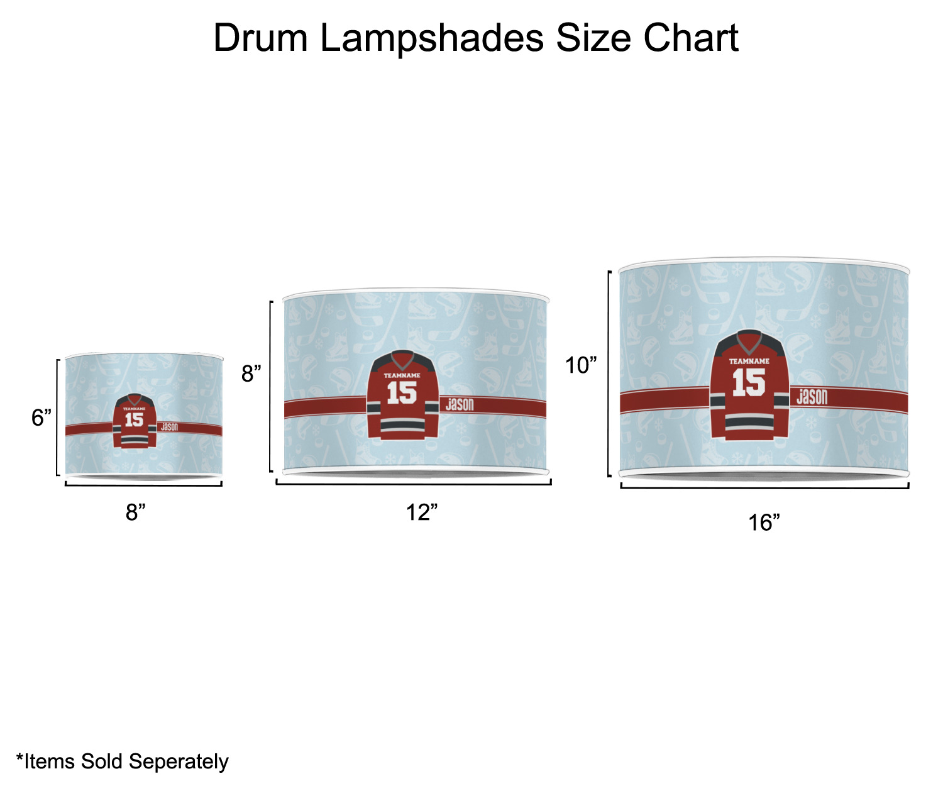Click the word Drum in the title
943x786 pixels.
click(x=261, y=38)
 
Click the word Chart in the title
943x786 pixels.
click(x=690, y=38)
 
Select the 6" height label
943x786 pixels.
click(x=41, y=417)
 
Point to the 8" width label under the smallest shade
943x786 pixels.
click(x=136, y=512)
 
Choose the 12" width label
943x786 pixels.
click(x=422, y=512)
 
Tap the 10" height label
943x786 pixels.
click(x=581, y=365)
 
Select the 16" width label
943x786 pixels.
click(x=764, y=522)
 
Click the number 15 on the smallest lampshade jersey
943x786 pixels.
click(x=134, y=419)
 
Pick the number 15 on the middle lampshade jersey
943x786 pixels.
click(x=402, y=392)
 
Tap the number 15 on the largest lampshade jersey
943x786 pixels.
click(x=748, y=382)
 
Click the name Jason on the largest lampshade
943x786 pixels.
click(x=812, y=396)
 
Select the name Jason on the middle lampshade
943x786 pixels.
click(x=460, y=404)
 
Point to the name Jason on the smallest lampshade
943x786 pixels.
click(x=169, y=426)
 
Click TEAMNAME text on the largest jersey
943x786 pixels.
click(x=749, y=361)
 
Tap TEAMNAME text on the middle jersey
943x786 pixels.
click(x=402, y=375)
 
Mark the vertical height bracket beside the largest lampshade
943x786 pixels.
click(x=609, y=374)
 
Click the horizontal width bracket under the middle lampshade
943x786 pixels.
click(x=414, y=483)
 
